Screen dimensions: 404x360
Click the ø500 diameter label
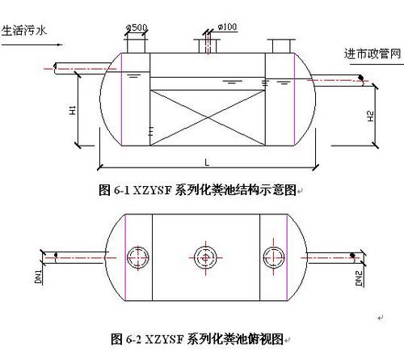tap(137, 28)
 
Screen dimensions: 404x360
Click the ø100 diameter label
tap(227, 27)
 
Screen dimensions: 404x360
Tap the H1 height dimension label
tap(73, 110)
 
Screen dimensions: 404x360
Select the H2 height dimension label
tap(371, 116)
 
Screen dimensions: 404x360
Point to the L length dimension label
tap(207, 163)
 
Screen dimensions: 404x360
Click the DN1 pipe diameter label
tap(39, 277)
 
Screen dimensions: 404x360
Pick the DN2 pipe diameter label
tap(359, 278)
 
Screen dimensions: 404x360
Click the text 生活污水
tap(24, 31)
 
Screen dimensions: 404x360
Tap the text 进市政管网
tap(372, 54)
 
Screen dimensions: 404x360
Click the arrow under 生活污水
tap(32, 44)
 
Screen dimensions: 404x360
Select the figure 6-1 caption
tap(197, 190)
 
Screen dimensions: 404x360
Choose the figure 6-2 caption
tap(197, 339)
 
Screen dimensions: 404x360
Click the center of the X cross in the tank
tap(208, 117)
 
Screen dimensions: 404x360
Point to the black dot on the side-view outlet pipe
tap(360, 78)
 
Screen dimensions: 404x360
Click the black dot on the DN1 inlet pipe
tap(56, 255)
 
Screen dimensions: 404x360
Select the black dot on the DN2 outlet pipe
tap(352, 256)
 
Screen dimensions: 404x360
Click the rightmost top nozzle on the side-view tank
tap(281, 46)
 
